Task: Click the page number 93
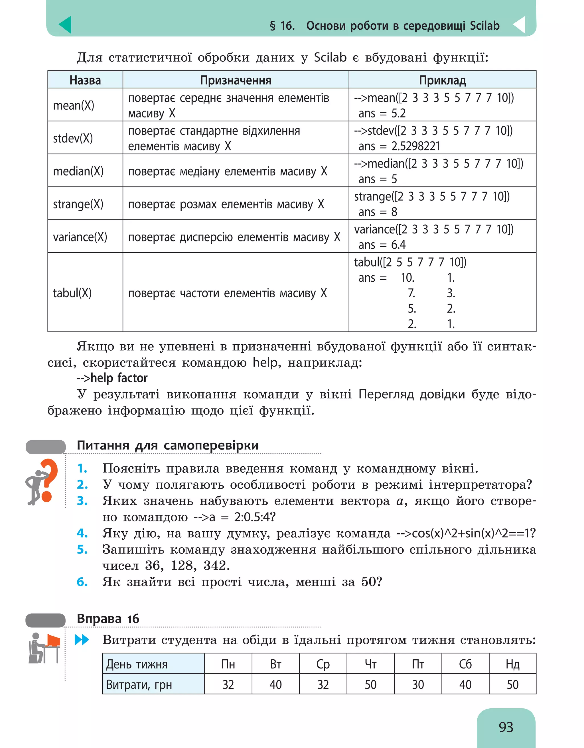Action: [506, 727]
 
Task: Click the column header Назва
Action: [85, 80]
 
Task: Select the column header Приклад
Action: [442, 80]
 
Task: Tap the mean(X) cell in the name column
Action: [74, 105]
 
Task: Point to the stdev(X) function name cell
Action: [73, 138]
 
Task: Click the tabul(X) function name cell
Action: [72, 293]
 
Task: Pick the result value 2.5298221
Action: [415, 146]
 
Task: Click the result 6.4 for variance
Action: [398, 245]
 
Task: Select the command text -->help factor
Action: [112, 378]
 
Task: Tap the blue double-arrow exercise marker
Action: [82, 639]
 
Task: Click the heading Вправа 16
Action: [108, 619]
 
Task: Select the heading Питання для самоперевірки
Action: [167, 445]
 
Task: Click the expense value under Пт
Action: [417, 684]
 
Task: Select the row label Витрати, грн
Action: [139, 684]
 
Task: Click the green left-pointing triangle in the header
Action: [65, 25]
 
